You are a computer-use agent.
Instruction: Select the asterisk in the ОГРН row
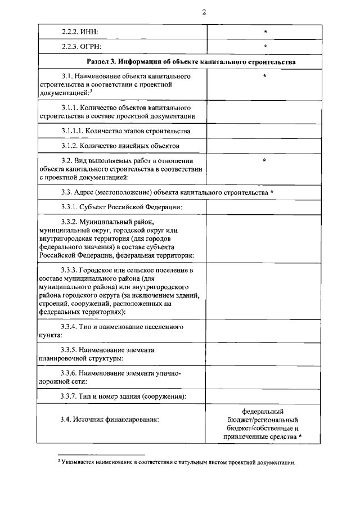click(264, 47)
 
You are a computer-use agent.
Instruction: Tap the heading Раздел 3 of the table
click(192, 61)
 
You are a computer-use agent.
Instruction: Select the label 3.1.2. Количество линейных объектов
click(120, 146)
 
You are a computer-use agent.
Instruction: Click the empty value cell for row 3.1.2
click(264, 146)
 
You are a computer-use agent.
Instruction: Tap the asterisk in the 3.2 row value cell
click(264, 161)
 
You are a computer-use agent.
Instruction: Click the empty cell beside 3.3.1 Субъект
click(264, 207)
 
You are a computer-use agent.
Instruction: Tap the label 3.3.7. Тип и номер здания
click(124, 397)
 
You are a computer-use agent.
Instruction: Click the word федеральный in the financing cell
click(263, 411)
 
